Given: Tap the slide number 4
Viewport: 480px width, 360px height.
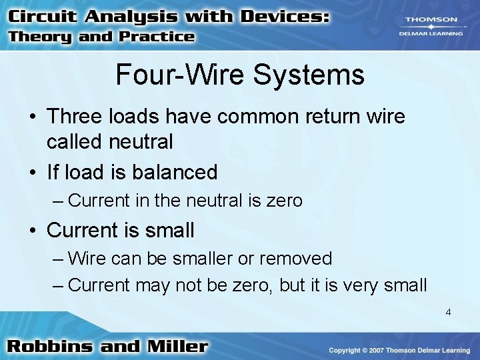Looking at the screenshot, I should pyautogui.click(x=448, y=311).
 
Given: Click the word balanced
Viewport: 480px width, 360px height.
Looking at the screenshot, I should pyautogui.click(x=175, y=173).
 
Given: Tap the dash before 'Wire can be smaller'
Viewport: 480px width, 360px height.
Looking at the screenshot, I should pyautogui.click(x=59, y=258).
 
